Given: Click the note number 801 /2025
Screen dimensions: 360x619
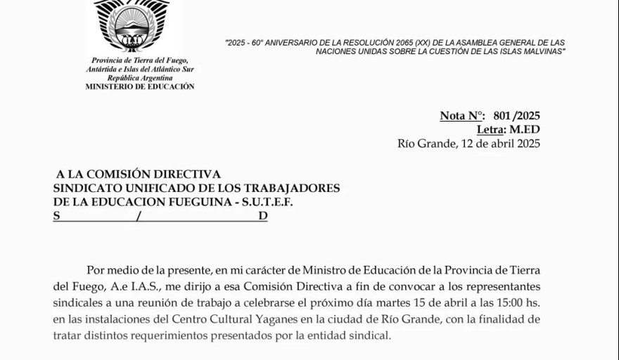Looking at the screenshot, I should point(516,116).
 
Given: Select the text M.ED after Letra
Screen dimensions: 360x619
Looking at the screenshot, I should point(525,129).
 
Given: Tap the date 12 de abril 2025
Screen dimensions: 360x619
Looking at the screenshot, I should point(499,143).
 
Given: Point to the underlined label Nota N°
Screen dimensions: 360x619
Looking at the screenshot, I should point(462,116).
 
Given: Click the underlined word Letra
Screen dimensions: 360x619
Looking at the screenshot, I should point(491,129).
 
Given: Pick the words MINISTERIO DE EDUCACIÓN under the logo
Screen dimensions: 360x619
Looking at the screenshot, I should point(140,86).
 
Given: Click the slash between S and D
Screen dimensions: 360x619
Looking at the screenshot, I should point(139,217).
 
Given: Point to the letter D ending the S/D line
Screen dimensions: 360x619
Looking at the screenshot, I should point(262,217).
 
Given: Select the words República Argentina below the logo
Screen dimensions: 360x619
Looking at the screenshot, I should point(140,78).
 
